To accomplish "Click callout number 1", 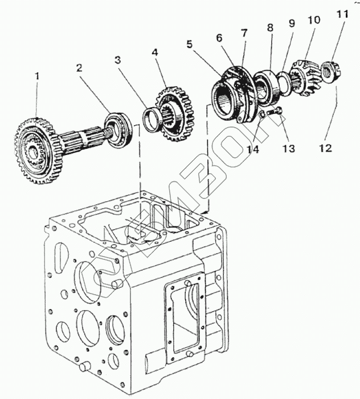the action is click(38, 76).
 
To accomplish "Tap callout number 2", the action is click(79, 68).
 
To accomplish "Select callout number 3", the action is click(117, 60).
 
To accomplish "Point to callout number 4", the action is click(155, 52).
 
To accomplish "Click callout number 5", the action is click(190, 44).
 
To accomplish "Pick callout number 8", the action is click(270, 27).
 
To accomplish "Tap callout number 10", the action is click(314, 19).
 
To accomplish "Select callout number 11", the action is click(342, 14).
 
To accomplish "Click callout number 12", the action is click(326, 148).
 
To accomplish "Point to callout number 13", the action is click(289, 149).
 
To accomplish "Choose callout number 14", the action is click(253, 149).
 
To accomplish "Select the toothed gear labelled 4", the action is click(175, 114).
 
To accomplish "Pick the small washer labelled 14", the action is click(263, 115).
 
